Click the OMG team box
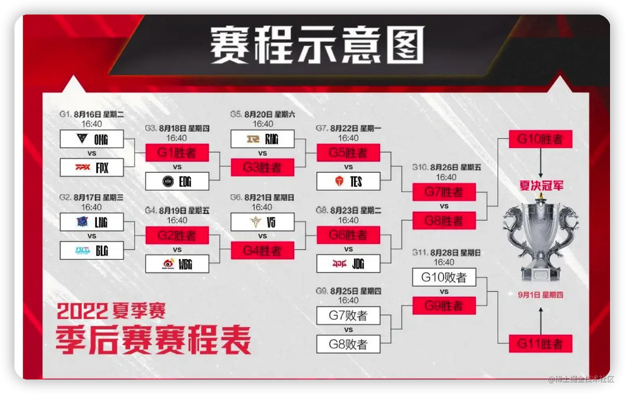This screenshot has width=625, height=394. (x=92, y=139)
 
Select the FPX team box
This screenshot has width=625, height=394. (x=92, y=168)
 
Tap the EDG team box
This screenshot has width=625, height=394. (x=177, y=181)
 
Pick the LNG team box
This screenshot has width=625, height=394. (x=92, y=222)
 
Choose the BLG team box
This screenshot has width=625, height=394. (x=92, y=250)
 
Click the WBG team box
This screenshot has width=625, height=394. (x=177, y=264)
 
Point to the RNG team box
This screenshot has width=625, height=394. (x=262, y=139)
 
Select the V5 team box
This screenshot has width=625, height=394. (x=262, y=222)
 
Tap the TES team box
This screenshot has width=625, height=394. (x=348, y=181)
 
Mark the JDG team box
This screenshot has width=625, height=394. (x=348, y=264)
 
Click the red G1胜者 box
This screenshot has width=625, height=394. (x=177, y=153)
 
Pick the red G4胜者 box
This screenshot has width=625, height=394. (x=262, y=250)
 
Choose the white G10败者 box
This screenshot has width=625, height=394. (x=444, y=277)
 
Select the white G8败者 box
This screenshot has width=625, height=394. (x=348, y=344)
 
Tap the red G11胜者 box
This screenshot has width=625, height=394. (x=540, y=344)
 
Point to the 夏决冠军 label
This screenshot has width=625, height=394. (x=541, y=185)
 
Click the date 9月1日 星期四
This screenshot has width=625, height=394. (x=540, y=295)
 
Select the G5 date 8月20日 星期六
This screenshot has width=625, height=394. (x=269, y=114)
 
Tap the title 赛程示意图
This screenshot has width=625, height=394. (x=317, y=45)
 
